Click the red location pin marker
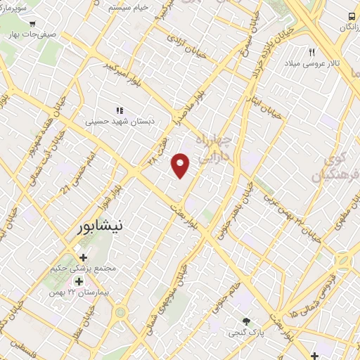(181, 165)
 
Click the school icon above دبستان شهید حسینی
(120, 110)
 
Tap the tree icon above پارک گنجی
(245, 321)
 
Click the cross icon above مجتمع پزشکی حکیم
(84, 257)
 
